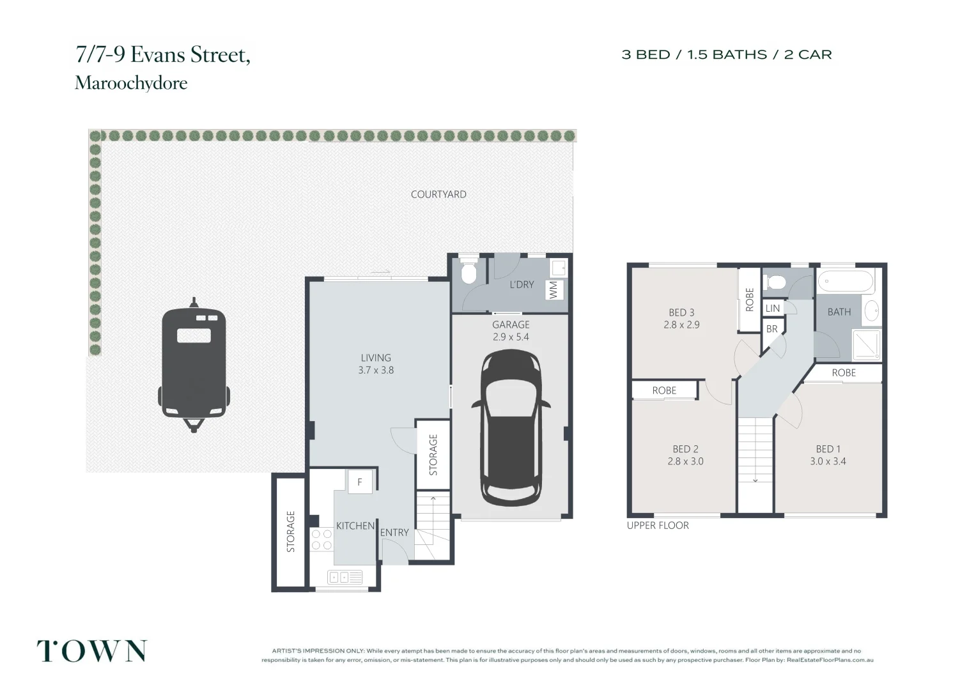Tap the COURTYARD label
point(438,194)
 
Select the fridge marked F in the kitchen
point(360,482)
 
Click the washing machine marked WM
point(554,289)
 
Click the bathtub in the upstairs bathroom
point(846,281)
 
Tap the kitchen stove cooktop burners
point(321,539)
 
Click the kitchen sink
point(345,578)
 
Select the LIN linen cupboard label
point(773,308)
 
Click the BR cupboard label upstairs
point(772,329)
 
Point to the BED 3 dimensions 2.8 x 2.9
point(681,325)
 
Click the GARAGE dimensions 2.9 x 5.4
point(511,337)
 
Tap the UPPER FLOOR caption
point(658,525)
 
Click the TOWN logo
point(91,651)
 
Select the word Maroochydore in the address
point(131,83)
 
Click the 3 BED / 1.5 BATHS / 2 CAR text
point(727,55)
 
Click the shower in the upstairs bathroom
point(867,344)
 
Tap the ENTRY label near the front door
point(394,532)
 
